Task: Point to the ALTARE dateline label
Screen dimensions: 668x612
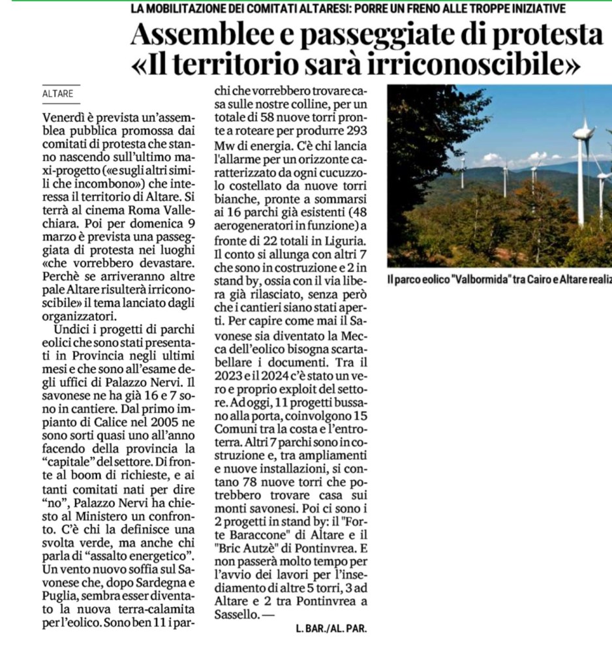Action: (57, 94)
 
